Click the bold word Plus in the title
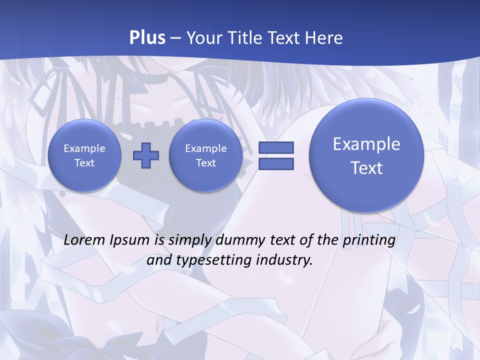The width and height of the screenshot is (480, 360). pyautogui.click(x=147, y=38)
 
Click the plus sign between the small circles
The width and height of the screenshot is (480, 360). pyautogui.click(x=146, y=155)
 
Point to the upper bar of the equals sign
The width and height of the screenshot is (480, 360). pyautogui.click(x=276, y=148)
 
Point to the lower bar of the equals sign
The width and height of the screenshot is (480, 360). pyautogui.click(x=276, y=164)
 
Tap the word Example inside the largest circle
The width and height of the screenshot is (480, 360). pyautogui.click(x=366, y=144)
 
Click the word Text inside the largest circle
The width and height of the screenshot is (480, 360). pyautogui.click(x=366, y=168)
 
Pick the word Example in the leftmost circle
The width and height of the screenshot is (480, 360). pyautogui.click(x=84, y=148)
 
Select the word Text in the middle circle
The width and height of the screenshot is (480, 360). pyautogui.click(x=206, y=163)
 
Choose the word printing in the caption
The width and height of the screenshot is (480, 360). pyautogui.click(x=370, y=240)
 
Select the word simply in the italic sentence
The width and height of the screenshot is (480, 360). pyautogui.click(x=190, y=240)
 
